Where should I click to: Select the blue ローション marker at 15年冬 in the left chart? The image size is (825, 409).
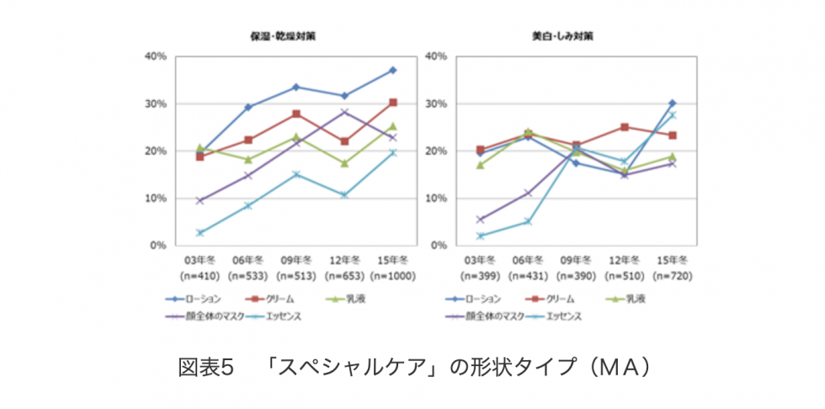[392, 70]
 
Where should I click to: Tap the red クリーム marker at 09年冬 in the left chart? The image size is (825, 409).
[296, 114]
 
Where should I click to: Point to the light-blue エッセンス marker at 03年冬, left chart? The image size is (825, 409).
[200, 232]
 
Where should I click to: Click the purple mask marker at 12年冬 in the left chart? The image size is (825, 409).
[344, 112]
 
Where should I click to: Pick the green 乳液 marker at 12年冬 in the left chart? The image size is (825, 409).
[344, 163]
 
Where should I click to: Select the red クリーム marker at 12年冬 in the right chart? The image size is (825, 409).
[625, 127]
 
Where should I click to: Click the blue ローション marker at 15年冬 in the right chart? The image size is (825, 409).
[672, 103]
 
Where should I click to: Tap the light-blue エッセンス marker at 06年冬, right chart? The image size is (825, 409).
[529, 221]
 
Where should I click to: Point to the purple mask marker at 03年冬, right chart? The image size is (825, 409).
[481, 220]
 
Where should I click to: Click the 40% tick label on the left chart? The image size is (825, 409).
[156, 56]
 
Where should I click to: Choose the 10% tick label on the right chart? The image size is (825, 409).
[435, 199]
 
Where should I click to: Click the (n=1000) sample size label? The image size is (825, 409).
[391, 276]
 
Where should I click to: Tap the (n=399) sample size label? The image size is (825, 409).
[480, 276]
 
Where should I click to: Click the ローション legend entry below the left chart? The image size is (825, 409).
[196, 299]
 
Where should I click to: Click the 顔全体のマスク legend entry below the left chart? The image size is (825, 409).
[202, 316]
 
